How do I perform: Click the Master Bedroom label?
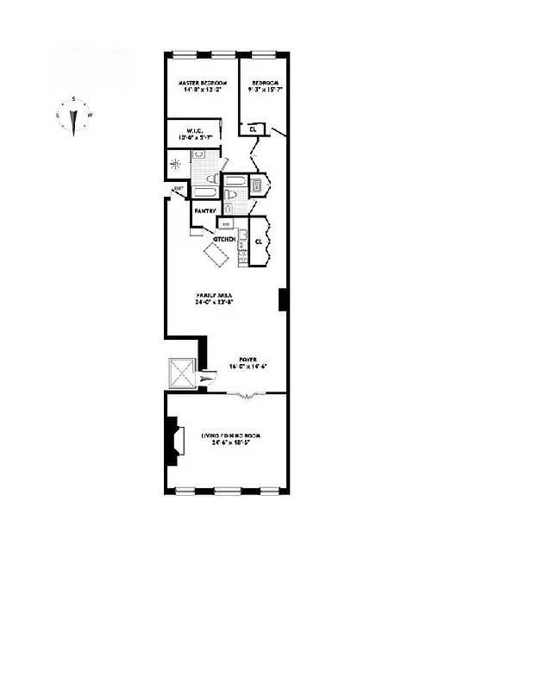[x=200, y=83]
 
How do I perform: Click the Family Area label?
[x=214, y=296]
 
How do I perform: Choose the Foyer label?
[x=249, y=359]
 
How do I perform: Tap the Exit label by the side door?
[x=179, y=188]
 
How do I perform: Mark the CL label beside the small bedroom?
[x=253, y=129]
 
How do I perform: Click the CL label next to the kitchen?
[x=259, y=241]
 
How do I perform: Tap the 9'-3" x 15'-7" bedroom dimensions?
[x=262, y=90]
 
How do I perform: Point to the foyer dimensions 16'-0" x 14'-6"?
[x=249, y=367]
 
